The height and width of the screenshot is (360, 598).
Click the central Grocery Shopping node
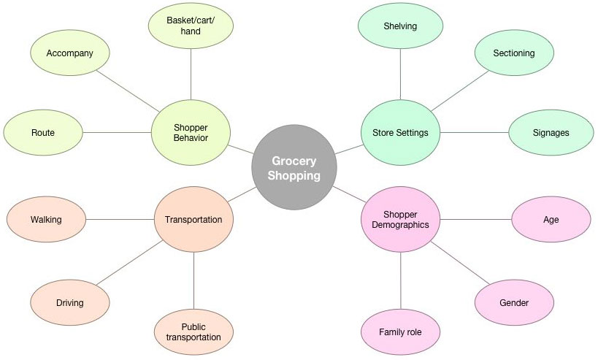tap(294, 168)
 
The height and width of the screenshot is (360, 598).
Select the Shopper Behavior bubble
tap(191, 132)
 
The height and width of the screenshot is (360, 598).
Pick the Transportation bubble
tap(193, 219)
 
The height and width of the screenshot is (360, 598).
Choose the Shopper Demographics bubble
tap(400, 219)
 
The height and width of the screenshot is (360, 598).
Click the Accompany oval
tap(69, 53)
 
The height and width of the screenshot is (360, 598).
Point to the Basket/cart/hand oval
tap(191, 26)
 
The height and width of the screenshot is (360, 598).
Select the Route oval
tap(43, 133)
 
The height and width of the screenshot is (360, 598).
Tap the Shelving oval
tap(400, 26)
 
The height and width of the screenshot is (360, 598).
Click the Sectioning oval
tap(513, 53)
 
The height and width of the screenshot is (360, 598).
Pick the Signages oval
tap(551, 133)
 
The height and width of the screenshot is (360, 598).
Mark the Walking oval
tap(46, 219)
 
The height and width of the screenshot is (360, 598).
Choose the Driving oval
tap(69, 302)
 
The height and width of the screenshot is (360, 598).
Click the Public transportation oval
tap(193, 331)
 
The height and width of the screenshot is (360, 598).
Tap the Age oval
tap(551, 219)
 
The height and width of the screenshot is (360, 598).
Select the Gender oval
tap(513, 302)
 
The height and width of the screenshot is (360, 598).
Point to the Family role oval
tap(400, 332)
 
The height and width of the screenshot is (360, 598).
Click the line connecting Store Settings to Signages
tap(475, 133)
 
